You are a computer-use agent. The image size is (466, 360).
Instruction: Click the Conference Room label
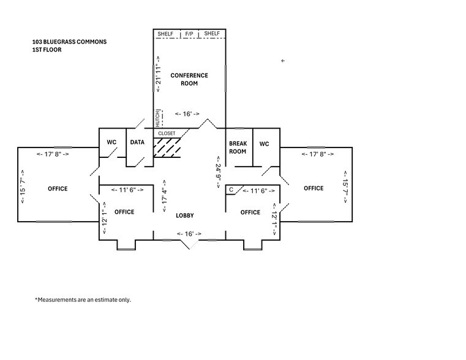[189, 79]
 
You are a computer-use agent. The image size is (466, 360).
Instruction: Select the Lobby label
[185, 216]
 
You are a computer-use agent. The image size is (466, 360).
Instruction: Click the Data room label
[137, 142]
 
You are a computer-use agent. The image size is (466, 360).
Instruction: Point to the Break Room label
[238, 147]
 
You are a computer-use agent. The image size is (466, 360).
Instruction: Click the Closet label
[167, 133]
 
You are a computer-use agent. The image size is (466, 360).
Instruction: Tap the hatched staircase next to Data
[168, 147]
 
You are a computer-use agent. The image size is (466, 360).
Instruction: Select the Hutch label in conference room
[157, 118]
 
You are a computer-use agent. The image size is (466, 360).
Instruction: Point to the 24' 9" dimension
[217, 174]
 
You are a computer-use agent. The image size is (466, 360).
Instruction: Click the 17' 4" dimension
[163, 196]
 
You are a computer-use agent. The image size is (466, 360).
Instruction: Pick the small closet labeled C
[231, 190]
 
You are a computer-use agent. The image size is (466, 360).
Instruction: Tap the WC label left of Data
[111, 142]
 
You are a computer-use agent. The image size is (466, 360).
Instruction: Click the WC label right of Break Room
[264, 144]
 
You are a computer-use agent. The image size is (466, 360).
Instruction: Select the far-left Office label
[58, 189]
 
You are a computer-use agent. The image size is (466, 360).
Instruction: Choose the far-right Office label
[314, 188]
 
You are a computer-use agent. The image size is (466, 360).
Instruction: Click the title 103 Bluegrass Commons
[69, 42]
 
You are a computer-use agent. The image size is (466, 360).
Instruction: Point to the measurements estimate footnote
[83, 300]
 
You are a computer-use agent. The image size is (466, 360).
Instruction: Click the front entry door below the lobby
[190, 244]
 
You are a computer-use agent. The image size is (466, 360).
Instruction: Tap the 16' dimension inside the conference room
[187, 114]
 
